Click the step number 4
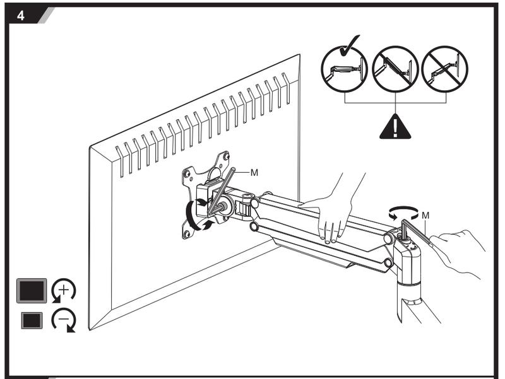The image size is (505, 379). pos(21,15)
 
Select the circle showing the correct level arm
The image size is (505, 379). pos(344,69)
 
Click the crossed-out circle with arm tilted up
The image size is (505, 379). pos(395,69)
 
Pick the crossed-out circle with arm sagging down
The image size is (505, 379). pos(445,69)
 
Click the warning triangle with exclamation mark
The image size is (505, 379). pos(395,126)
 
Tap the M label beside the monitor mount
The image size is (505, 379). pos(254,173)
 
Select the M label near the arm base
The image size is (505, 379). pos(425,215)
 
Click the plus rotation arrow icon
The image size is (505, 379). pos(64,291)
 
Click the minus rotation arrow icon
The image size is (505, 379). pos(64,320)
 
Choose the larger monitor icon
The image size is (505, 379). pos(32,291)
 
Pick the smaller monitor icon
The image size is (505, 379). pos(32,320)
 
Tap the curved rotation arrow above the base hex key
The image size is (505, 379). pos(403,213)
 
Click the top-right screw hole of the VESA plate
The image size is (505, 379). pos(227,156)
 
